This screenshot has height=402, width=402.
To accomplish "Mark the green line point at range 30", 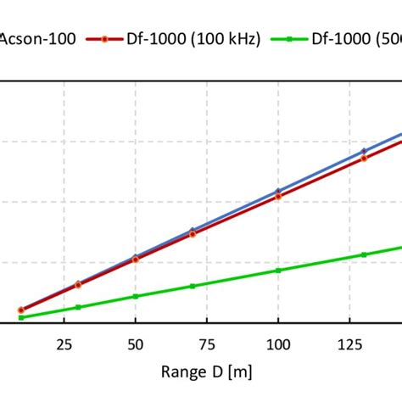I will [x=78, y=307].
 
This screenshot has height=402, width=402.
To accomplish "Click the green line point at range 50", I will [x=135, y=297].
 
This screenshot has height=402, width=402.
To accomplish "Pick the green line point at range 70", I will [x=193, y=286].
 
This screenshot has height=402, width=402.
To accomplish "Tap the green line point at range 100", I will [x=278, y=270].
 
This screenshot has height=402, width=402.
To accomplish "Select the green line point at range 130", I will [x=364, y=254].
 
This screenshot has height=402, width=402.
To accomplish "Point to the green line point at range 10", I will [x=21, y=317].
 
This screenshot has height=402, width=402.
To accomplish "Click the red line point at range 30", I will [x=78, y=285].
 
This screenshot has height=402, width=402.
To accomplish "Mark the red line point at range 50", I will [x=135, y=260].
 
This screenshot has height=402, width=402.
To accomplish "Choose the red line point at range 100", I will [x=278, y=196].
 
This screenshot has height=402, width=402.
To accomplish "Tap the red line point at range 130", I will [x=364, y=158].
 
